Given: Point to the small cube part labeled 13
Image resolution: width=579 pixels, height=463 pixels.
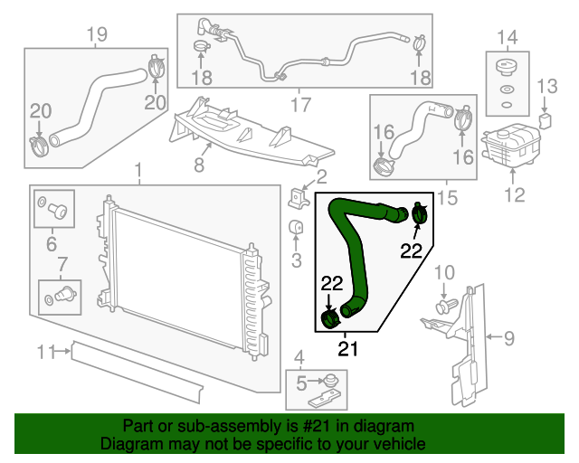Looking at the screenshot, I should point(546,119).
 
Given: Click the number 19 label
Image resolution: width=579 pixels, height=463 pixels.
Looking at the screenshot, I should point(96,35).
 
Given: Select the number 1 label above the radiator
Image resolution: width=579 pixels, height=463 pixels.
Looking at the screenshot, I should point(138,170).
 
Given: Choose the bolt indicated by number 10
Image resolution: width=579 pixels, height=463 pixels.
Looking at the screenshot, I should point(442,308).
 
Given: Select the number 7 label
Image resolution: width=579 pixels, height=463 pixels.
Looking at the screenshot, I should point(62,264).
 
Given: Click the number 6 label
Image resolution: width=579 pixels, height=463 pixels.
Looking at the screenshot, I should point(52,243).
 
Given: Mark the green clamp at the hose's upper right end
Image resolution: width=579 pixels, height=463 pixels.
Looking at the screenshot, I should point(420,214).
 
